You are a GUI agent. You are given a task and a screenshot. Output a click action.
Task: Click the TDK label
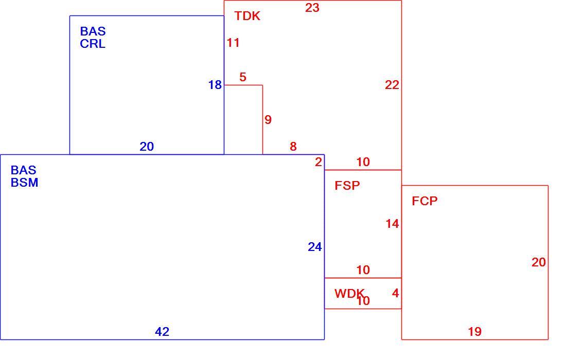coord(247,16)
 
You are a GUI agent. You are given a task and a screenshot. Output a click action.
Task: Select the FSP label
coord(347,186)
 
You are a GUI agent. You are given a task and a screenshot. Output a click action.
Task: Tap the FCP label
coord(424,201)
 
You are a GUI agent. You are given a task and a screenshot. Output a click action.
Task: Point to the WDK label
coord(349,294)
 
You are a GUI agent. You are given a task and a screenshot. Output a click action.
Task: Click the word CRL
coord(93,44)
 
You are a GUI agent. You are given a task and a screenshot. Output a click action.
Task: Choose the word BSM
coord(25,183)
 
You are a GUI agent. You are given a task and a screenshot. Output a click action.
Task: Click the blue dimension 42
coord(162,332)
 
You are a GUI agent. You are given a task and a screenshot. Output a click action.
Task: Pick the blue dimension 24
coord(315,247)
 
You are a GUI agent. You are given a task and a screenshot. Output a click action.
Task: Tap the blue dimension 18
coord(215,85)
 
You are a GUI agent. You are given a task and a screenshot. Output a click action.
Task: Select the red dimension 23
coord(312,8)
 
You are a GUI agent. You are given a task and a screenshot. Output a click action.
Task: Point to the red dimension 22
coord(392,85)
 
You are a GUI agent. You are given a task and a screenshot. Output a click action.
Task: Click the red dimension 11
coord(233,43)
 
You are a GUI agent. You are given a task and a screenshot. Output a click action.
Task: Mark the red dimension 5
coord(243,77)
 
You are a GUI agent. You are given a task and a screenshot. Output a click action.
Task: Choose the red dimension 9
coord(268,120)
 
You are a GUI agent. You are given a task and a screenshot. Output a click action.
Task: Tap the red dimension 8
coord(293,147)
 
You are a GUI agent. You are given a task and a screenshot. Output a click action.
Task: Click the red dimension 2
coord(318,162)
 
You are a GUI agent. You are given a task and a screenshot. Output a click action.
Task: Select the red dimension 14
coord(393,224)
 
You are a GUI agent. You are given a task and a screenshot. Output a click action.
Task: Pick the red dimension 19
coord(475,332)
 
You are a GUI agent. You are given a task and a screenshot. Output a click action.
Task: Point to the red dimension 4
coord(396,293)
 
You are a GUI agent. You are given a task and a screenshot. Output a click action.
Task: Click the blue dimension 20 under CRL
coord(147,147)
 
